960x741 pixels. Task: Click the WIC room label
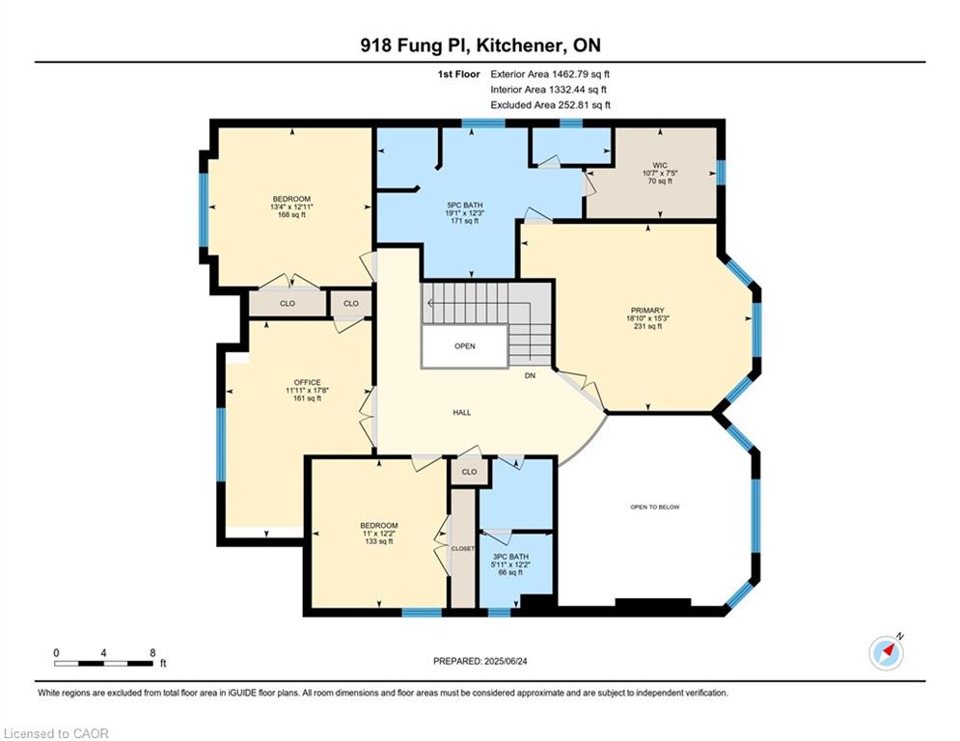coord(660,165)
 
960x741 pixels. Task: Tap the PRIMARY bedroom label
coord(647,311)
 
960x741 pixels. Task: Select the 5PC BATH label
coord(465,206)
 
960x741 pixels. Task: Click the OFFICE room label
coord(307,383)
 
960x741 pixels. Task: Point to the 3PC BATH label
coord(510,557)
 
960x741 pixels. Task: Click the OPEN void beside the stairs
coord(465,346)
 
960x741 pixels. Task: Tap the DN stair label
coord(531,375)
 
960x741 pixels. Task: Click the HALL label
coord(461,413)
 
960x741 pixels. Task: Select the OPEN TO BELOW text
coord(655,508)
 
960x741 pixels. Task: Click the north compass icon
coord(886,653)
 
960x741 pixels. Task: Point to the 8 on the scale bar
coord(152,653)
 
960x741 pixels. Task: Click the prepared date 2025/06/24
coord(506,661)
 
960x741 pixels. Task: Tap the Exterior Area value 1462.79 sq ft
coord(581,74)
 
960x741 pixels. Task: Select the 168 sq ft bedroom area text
coord(291,215)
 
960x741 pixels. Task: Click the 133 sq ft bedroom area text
coord(379,541)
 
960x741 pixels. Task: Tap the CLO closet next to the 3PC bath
coord(470,472)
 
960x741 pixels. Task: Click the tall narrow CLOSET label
coord(463,549)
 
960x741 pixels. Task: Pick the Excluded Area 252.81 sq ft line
coord(550,105)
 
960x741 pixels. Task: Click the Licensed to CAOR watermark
coord(56,733)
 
